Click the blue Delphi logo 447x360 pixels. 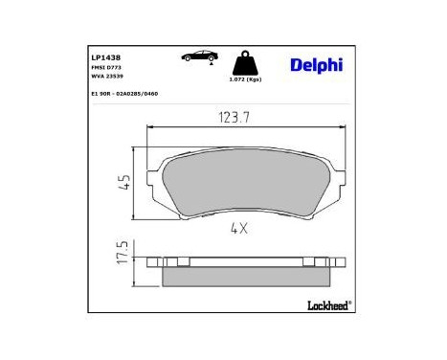[315, 64]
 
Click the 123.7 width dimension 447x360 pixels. [227, 118]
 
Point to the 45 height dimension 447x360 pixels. [123, 183]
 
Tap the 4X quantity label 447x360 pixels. [239, 229]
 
